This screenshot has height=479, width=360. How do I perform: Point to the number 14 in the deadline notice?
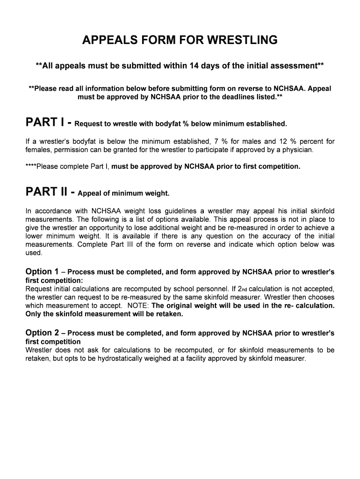[194, 65]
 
